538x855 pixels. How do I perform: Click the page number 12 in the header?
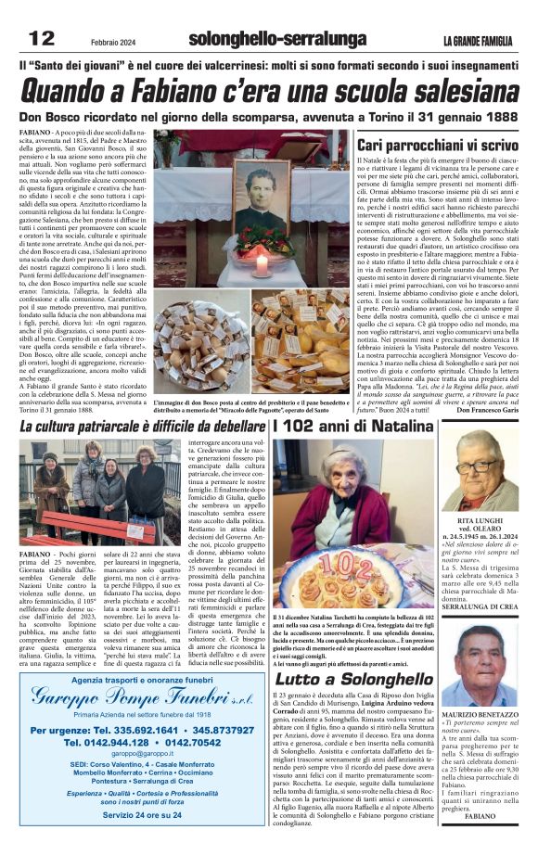coord(41,38)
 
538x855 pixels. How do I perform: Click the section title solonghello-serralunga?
coord(264,39)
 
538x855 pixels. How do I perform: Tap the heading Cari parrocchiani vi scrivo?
coord(439,146)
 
